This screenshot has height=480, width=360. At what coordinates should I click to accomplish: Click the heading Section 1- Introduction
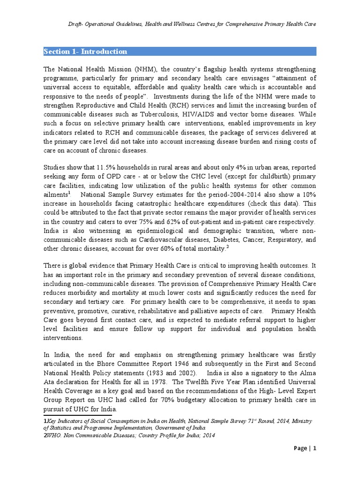[x=85, y=52]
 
